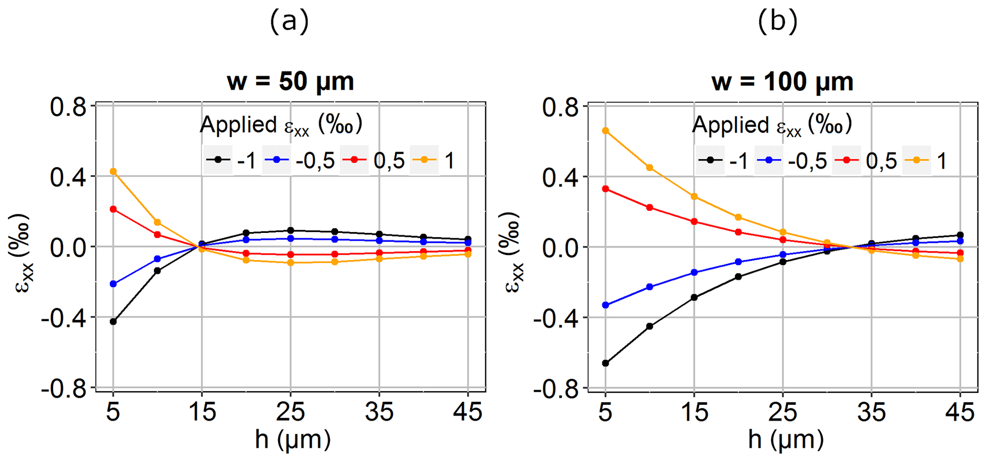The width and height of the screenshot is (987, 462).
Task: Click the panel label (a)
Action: click(289, 21)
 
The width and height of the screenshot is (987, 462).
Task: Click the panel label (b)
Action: click(778, 21)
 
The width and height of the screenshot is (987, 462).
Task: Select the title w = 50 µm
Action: click(290, 82)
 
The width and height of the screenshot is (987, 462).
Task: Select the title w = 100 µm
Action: click(782, 82)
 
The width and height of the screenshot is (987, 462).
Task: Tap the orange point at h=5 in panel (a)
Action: click(113, 171)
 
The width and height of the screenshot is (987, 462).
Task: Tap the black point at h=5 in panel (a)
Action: click(113, 322)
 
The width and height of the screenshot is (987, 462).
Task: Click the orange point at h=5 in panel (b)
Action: click(605, 131)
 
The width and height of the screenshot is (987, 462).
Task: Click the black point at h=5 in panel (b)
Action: click(605, 363)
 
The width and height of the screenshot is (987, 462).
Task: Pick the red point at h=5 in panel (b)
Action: click(605, 189)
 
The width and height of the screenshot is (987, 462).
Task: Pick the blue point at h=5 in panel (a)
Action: click(113, 284)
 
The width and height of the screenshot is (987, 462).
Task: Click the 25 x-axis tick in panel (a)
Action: click(290, 411)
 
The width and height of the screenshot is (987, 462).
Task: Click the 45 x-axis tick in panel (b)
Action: click(960, 411)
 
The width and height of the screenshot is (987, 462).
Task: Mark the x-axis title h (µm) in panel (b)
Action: click(785, 439)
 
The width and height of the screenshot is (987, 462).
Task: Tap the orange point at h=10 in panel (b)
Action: click(649, 168)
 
